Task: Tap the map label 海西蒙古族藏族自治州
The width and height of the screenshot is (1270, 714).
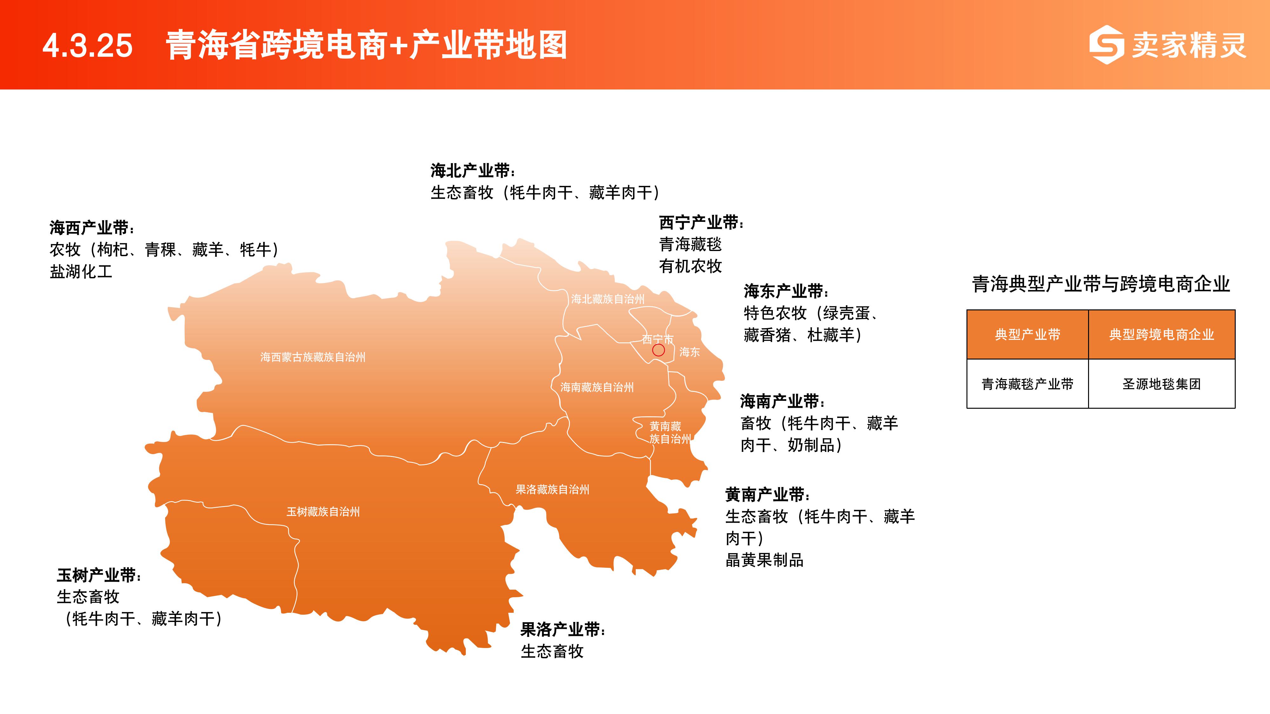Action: pos(313,357)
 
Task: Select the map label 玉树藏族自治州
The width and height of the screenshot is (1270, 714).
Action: pos(324,512)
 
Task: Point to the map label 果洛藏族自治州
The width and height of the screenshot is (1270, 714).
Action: pos(553,489)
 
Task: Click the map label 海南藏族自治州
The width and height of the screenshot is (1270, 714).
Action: pos(597,387)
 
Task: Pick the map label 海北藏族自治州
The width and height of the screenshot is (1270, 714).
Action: pos(608,299)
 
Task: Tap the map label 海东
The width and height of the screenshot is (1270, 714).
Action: pos(690,352)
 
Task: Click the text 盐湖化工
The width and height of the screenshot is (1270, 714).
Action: pos(81,272)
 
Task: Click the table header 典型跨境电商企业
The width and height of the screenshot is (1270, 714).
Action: pos(1161,334)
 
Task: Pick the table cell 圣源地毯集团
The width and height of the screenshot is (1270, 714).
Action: pos(1161,384)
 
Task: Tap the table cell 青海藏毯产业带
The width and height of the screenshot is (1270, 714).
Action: pos(1027,384)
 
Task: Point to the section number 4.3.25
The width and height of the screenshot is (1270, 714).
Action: pos(88,46)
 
